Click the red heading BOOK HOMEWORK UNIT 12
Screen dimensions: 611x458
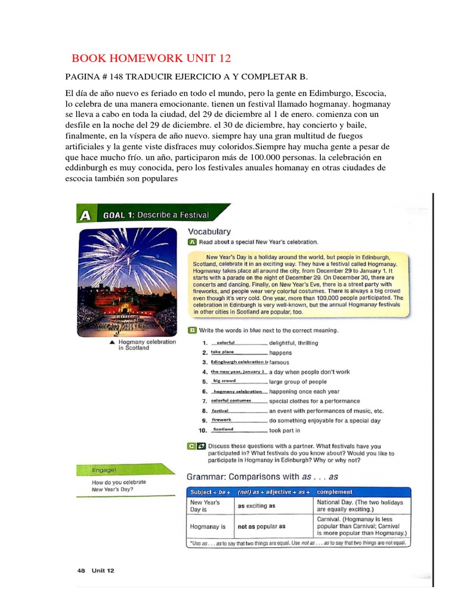pos(151,58)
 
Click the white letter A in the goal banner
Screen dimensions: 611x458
pos(85,215)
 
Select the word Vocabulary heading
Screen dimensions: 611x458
pos(209,231)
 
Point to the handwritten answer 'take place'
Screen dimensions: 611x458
pos(222,352)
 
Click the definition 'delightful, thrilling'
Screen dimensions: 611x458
pos(293,343)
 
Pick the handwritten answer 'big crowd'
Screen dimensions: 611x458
pos(224,381)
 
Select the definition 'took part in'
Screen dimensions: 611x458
pos(284,430)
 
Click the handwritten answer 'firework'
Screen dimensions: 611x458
pos(221,419)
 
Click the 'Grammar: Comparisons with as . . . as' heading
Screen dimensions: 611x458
pos(263,477)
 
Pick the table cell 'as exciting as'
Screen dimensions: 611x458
pos(256,505)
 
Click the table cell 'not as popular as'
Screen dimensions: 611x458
pos(261,526)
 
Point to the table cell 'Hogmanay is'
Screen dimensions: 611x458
pos(207,527)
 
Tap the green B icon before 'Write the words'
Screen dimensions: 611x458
pos(192,330)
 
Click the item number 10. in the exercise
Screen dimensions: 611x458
pos(203,430)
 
